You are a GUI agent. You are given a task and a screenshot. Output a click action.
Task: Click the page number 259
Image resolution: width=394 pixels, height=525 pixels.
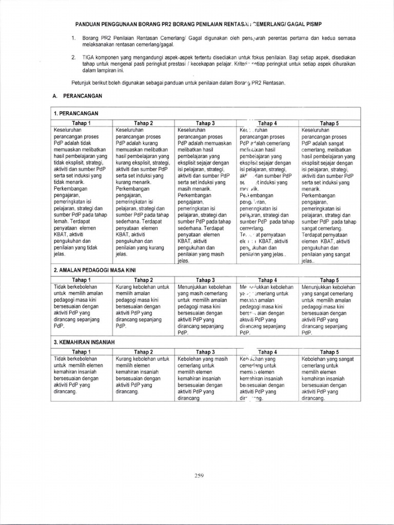point(200,475)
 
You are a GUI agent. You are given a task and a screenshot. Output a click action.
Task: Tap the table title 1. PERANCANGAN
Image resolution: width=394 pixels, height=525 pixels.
point(76,113)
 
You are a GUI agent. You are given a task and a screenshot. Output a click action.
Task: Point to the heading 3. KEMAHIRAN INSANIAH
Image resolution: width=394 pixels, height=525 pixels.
point(84,341)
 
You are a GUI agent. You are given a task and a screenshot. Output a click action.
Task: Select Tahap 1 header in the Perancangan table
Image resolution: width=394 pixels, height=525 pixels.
point(82,123)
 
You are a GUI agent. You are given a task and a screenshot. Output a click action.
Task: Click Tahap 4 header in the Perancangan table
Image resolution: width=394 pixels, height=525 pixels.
point(267,123)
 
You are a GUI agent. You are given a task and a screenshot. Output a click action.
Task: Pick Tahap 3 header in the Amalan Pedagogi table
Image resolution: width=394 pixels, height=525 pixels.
point(206,280)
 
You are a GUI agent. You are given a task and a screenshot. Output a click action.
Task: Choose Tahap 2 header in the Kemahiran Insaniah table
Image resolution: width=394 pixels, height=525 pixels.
point(144,352)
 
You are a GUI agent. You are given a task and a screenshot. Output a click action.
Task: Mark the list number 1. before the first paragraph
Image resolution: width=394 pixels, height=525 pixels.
point(73,38)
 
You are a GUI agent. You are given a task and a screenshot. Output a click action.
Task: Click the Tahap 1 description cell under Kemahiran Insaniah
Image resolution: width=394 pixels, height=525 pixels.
point(82,377)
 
